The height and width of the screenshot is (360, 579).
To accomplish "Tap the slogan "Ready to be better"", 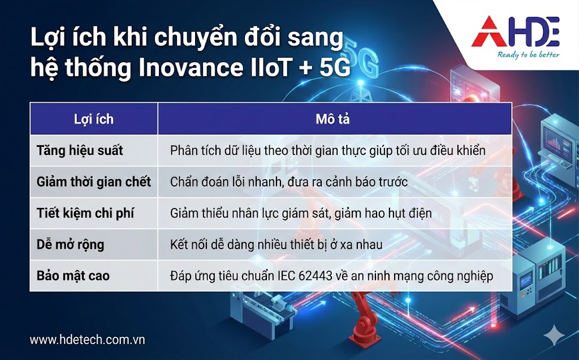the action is click(x=529, y=55).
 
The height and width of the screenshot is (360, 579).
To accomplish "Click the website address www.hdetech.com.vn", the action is click(x=87, y=340).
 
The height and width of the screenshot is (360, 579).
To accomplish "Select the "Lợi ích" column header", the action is click(x=93, y=119).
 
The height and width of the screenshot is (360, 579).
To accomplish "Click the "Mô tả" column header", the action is click(x=332, y=119).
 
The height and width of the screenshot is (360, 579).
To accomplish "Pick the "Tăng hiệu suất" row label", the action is click(x=80, y=151).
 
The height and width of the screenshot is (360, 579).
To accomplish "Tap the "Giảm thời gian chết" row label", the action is click(x=94, y=181).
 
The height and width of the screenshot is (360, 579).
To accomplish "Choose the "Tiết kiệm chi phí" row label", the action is click(x=85, y=213).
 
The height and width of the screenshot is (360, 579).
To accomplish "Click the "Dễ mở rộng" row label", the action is click(x=70, y=245).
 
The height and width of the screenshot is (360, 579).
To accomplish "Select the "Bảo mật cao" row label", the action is click(x=73, y=276).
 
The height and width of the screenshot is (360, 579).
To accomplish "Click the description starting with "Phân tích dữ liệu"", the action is click(x=328, y=151).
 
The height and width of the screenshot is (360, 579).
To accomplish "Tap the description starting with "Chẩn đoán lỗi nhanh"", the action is click(x=289, y=181).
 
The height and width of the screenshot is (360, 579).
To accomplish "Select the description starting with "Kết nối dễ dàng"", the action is click(x=276, y=245).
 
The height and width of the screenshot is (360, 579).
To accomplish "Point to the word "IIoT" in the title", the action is click(x=265, y=68).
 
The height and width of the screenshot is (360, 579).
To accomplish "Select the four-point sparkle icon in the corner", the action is click(x=556, y=335).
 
